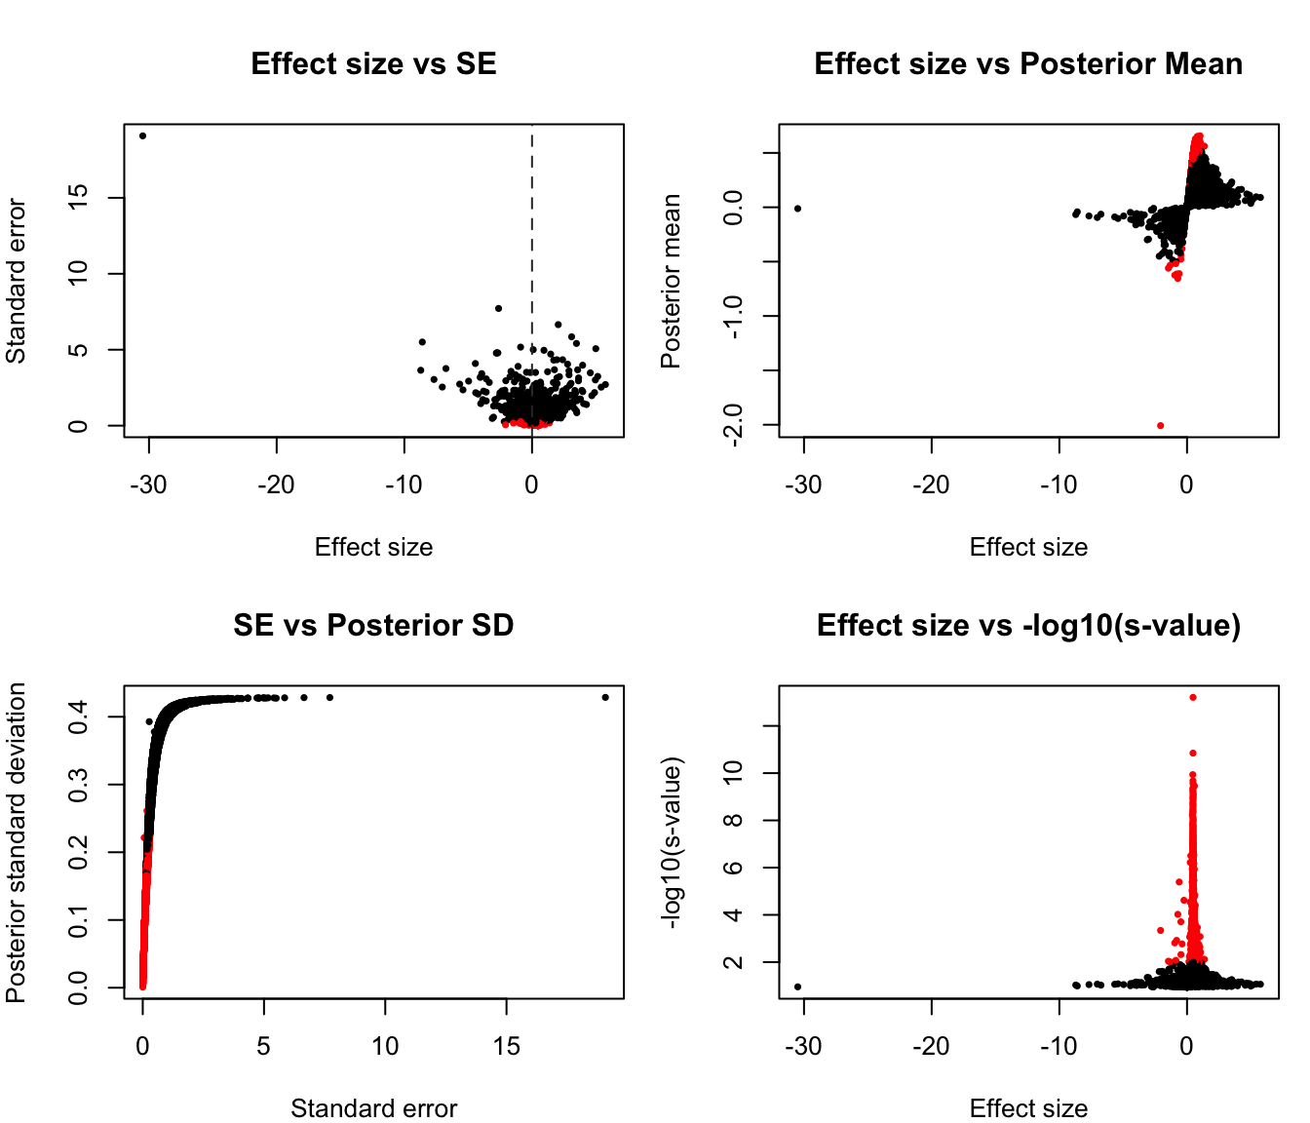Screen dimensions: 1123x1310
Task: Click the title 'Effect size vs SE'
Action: click(373, 64)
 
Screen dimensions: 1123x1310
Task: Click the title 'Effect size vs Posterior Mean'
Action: click(1028, 64)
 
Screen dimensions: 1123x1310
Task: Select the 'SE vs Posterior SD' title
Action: click(373, 626)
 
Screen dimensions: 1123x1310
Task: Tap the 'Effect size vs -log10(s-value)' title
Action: click(1028, 626)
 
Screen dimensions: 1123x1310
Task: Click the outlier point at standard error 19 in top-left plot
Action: click(142, 136)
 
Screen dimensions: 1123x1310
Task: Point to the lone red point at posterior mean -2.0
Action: click(1160, 425)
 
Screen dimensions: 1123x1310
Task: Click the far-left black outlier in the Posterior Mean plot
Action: click(797, 209)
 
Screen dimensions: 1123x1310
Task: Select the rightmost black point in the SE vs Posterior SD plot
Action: click(605, 697)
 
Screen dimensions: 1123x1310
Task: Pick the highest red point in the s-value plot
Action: click(1192, 697)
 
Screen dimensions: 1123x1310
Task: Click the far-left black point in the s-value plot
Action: click(797, 987)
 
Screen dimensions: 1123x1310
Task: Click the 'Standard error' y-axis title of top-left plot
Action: click(17, 281)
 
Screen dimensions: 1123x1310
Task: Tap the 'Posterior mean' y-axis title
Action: click(671, 281)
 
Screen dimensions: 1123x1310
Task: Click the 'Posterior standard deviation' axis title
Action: click(17, 842)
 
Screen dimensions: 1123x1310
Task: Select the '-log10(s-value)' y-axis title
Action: click(671, 842)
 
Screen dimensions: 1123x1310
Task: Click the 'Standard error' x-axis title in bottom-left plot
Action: click(373, 1108)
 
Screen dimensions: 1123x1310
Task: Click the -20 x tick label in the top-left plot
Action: click(276, 484)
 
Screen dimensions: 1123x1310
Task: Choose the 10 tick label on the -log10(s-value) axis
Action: click(734, 773)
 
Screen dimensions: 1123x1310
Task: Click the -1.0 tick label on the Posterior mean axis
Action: click(734, 316)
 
